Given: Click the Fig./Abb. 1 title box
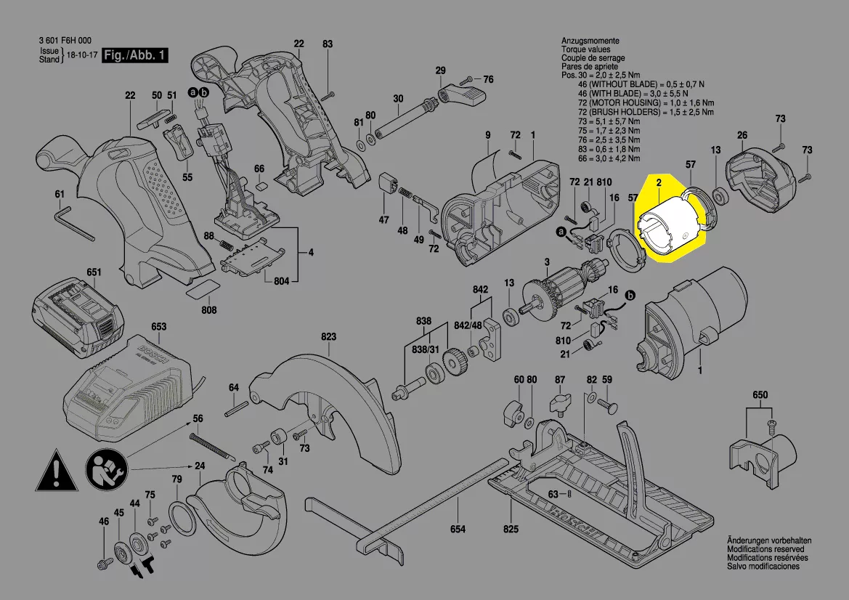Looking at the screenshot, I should [134, 56].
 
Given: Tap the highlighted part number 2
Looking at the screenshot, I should [659, 184].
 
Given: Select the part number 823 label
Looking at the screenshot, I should [329, 337].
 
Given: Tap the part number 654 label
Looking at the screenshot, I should [458, 530].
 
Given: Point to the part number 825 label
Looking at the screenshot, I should [511, 530].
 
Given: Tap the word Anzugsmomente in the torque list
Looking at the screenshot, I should [590, 40].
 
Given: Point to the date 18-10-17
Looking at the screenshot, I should [81, 56].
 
